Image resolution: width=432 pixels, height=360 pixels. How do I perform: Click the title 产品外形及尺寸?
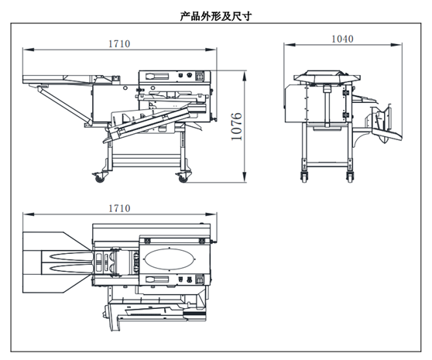tap(216, 16)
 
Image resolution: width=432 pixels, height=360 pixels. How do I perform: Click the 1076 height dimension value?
tap(236, 126)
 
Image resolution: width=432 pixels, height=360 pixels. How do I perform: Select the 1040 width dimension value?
tap(342, 39)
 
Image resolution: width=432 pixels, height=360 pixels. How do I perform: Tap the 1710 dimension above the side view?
tap(119, 44)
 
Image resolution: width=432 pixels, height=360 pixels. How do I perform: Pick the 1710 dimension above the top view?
tap(119, 208)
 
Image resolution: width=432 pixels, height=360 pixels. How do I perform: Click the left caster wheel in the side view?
tap(99, 179)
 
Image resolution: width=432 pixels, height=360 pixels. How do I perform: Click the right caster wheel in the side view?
tap(183, 179)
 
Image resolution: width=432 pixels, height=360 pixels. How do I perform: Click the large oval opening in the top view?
tap(170, 259)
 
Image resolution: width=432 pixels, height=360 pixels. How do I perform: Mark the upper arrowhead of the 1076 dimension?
tap(245, 76)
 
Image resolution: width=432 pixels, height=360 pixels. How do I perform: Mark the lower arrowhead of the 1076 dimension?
tap(245, 177)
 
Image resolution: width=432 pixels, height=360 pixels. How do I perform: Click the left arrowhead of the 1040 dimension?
tap(290, 45)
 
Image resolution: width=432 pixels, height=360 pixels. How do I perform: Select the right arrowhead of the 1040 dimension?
tap(396, 45)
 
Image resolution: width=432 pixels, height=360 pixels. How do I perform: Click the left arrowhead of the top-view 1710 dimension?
tap(29, 214)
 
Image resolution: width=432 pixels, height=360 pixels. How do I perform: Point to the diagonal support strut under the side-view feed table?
tap(64, 105)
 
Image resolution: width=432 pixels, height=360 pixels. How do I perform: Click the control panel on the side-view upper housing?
tap(175, 76)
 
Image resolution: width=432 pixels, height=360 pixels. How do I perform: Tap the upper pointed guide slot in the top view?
tap(70, 256)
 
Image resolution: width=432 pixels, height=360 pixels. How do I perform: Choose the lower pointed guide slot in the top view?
tap(70, 268)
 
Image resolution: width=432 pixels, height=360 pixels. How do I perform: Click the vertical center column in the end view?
tap(327, 107)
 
